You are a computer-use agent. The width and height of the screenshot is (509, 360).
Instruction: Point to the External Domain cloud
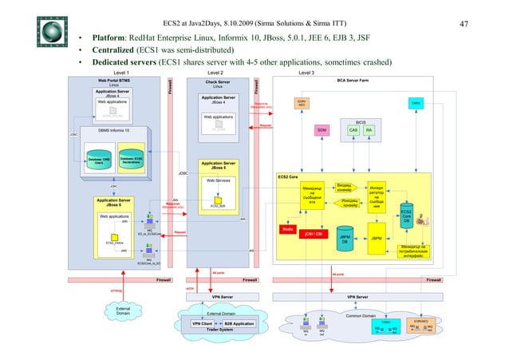(x=123, y=311)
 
